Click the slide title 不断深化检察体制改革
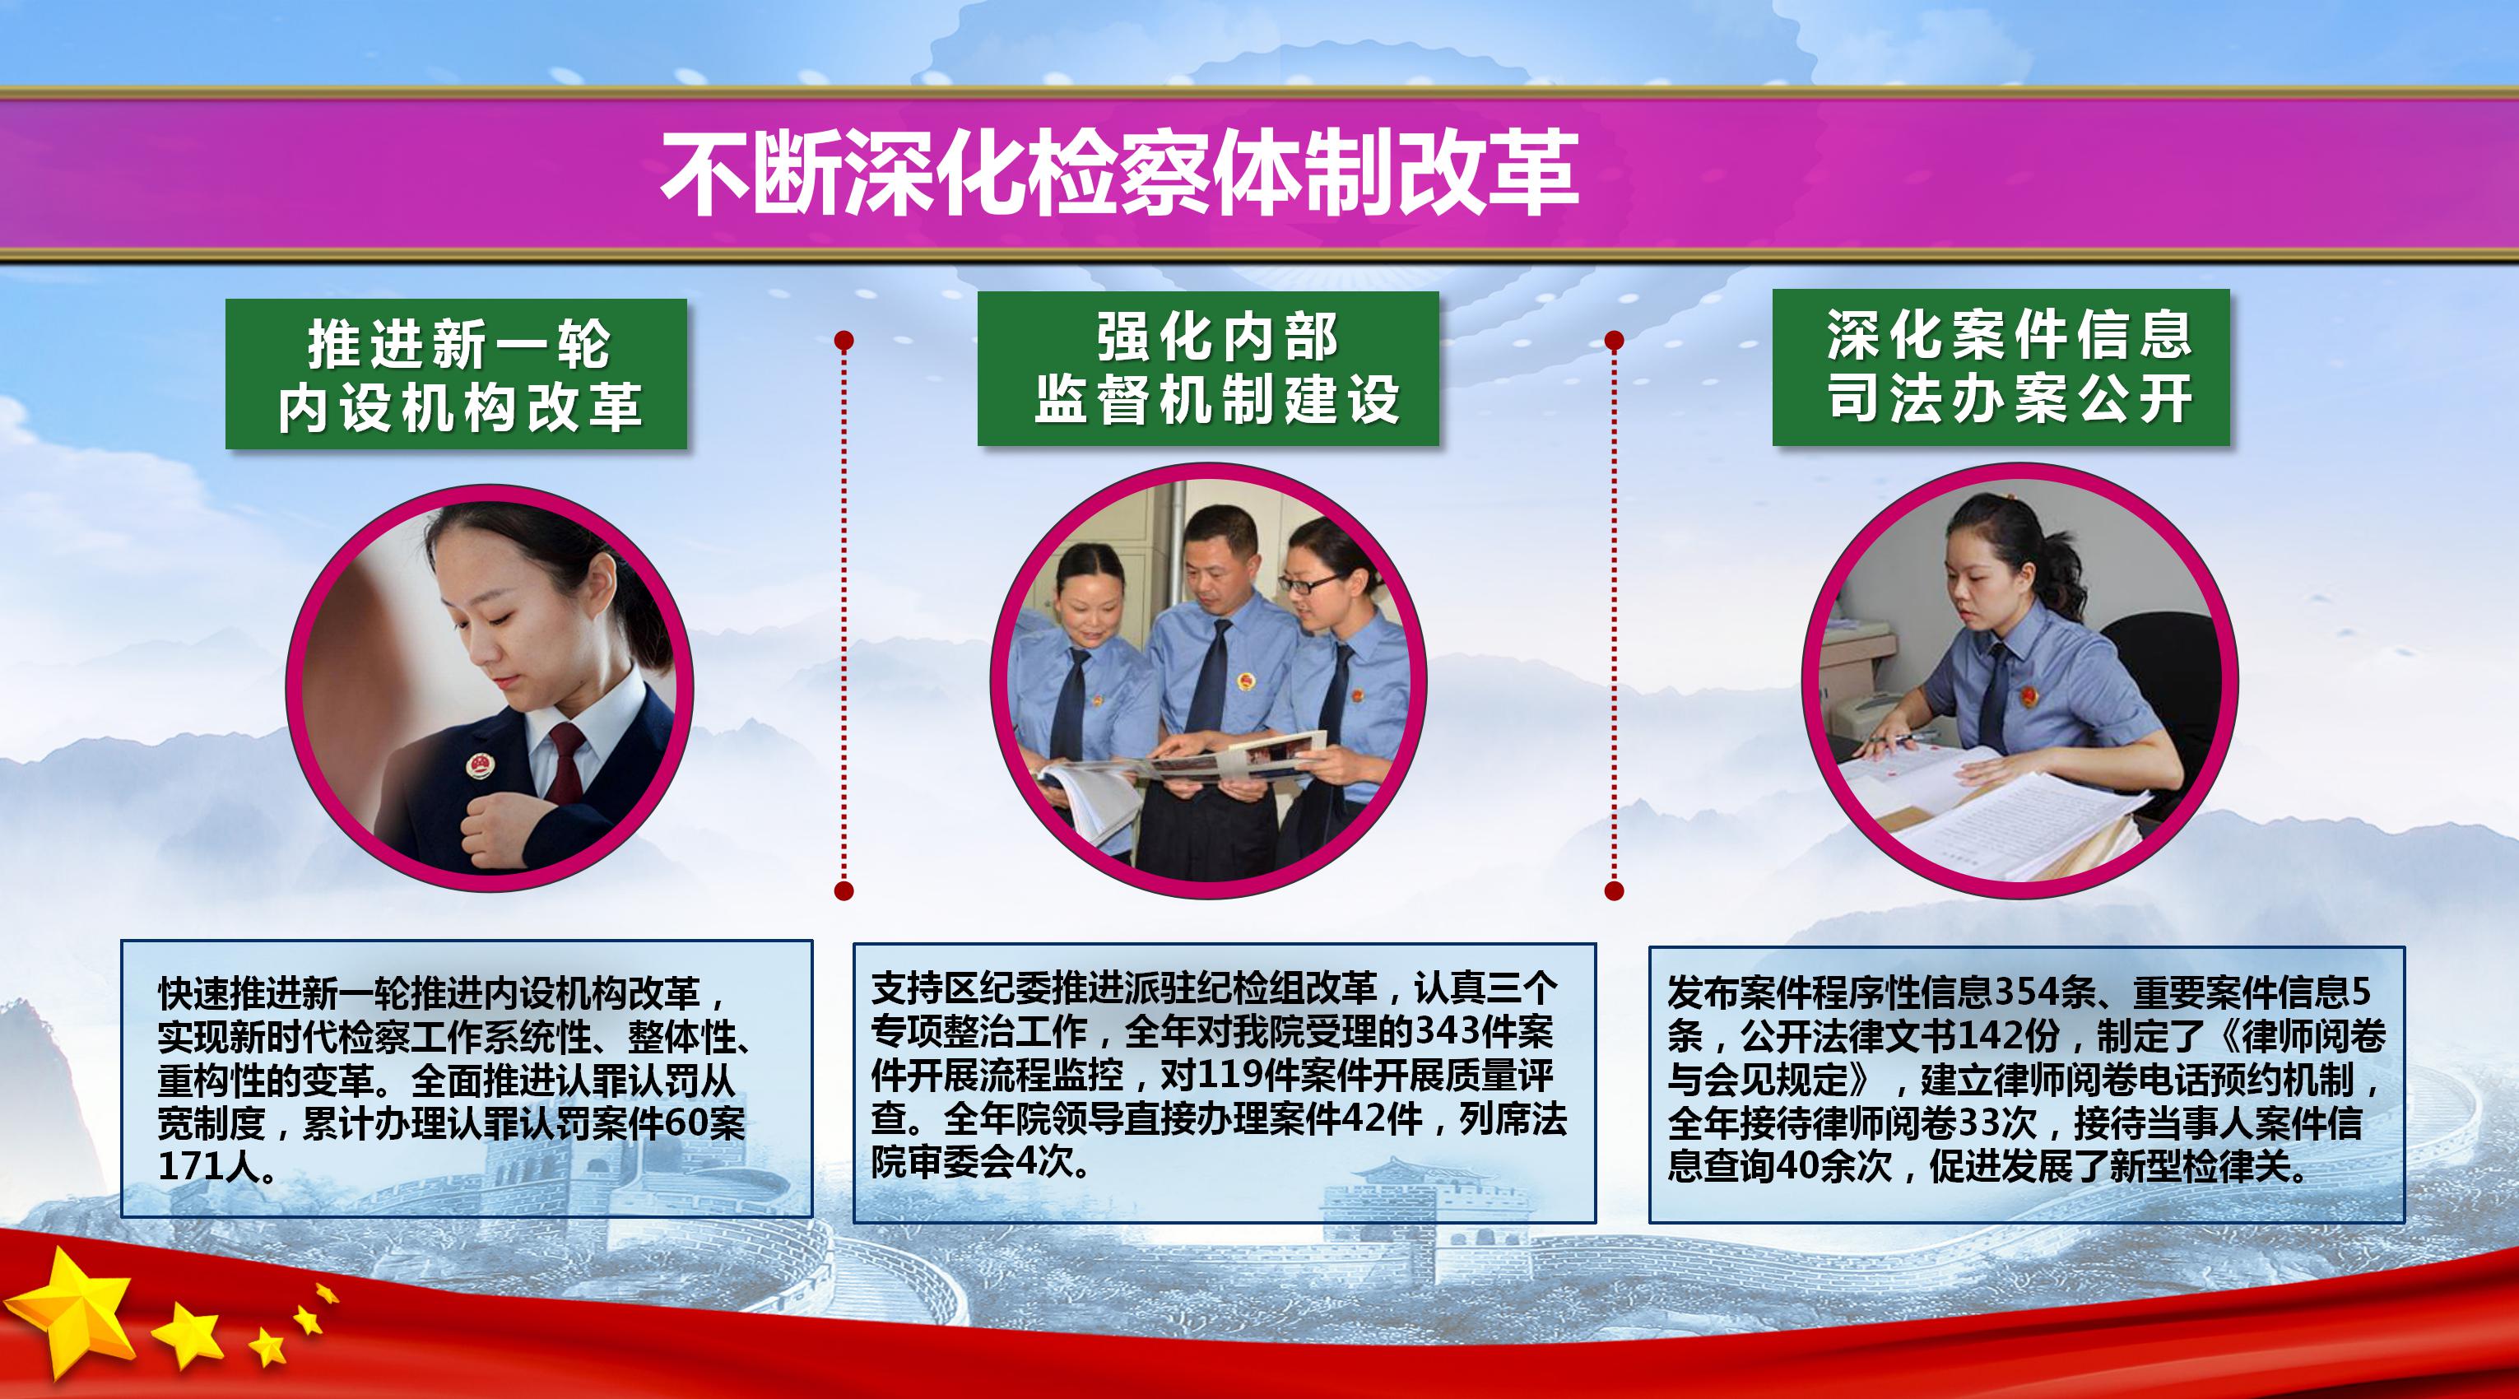click(x=1120, y=173)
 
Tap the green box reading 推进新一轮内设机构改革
click(x=457, y=374)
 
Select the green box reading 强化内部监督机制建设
click(x=1209, y=369)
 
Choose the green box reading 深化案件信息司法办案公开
click(x=2001, y=368)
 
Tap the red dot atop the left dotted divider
click(x=844, y=340)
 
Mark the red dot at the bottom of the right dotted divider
click(x=1615, y=890)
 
